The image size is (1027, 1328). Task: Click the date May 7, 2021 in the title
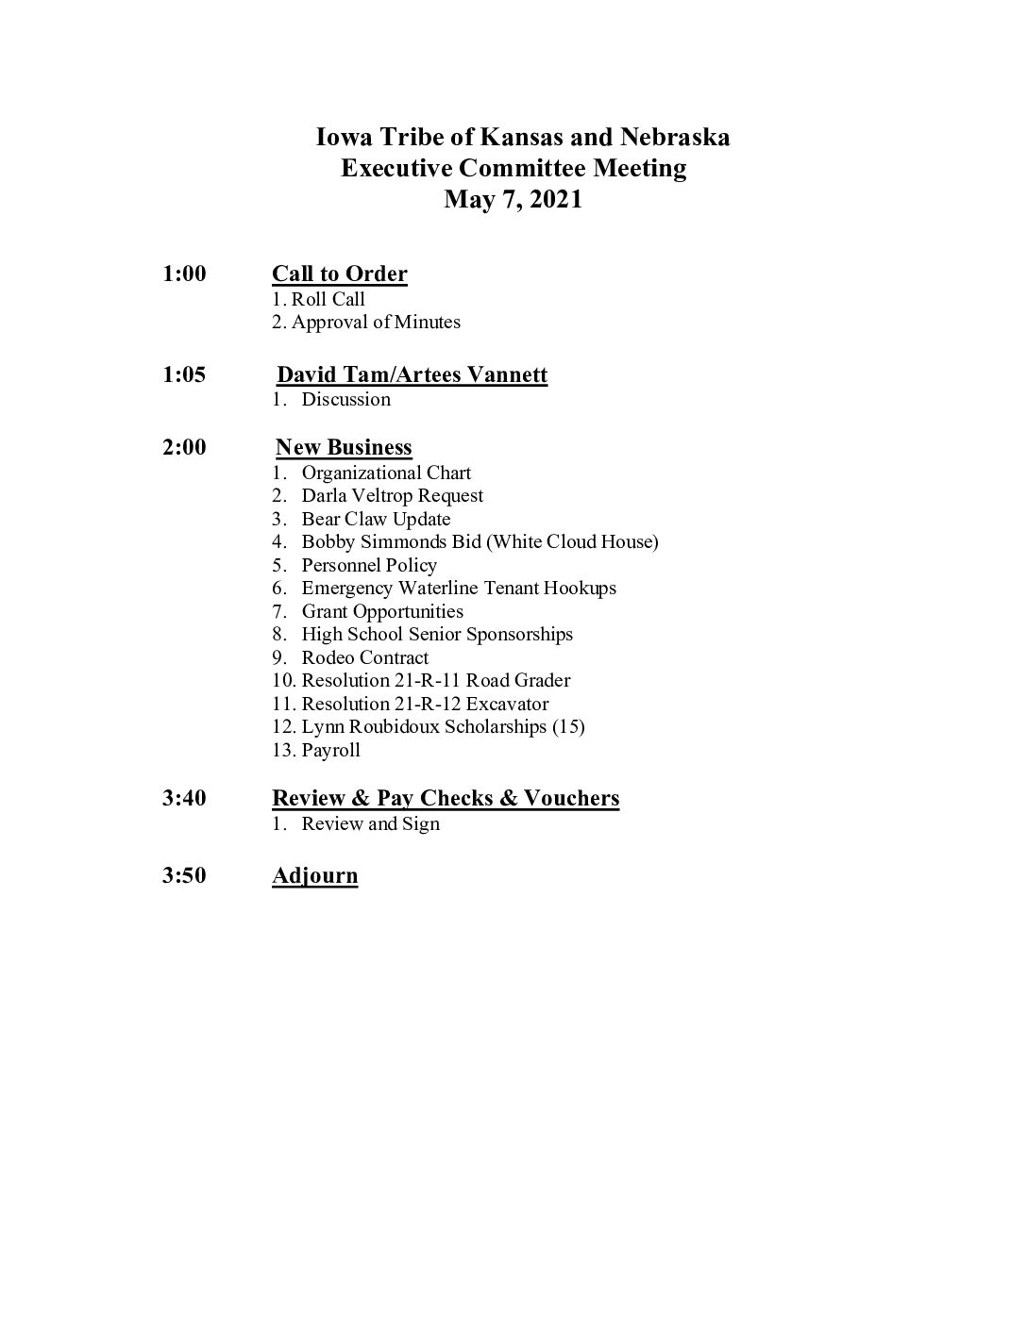[x=513, y=200]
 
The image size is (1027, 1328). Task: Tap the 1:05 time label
[x=184, y=374]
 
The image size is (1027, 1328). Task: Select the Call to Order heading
[x=340, y=274]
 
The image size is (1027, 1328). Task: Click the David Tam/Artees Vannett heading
[x=412, y=375]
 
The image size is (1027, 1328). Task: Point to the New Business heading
[x=344, y=448]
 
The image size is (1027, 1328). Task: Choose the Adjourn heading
[x=315, y=876]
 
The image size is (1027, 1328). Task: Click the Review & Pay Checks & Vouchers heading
[x=446, y=799]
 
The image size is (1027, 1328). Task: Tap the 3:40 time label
[x=184, y=799]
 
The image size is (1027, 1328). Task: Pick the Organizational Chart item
[x=386, y=473]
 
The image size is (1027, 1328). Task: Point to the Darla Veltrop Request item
[x=392, y=496]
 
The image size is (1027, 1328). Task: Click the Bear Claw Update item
[x=376, y=520]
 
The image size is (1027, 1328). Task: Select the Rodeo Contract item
[x=364, y=658]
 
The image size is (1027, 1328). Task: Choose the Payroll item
[x=330, y=751]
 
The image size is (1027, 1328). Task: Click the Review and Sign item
[x=370, y=824]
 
